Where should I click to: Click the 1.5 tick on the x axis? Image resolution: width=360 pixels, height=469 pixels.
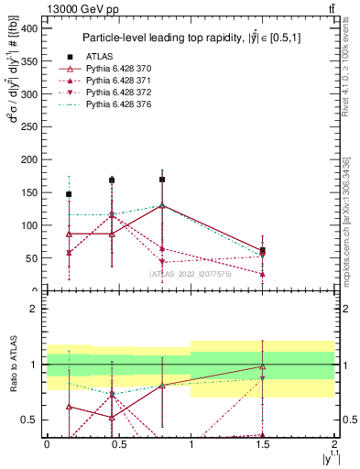pyautogui.click(x=263, y=442)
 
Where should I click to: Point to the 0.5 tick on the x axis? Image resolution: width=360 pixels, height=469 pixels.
pyautogui.click(x=118, y=442)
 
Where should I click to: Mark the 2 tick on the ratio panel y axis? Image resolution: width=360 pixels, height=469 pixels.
pyautogui.click(x=36, y=309)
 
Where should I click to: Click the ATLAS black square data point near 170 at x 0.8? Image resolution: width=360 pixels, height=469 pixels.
pyautogui.click(x=162, y=180)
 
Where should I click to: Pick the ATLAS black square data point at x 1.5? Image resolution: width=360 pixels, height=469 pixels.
pyautogui.click(x=263, y=250)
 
